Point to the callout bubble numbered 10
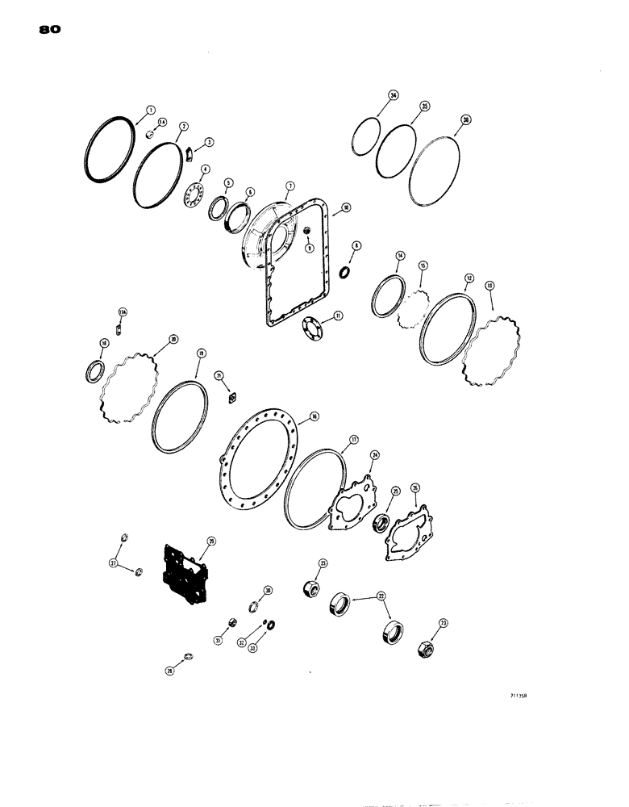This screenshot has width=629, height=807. tap(344, 207)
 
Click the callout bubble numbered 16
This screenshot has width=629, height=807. tap(314, 416)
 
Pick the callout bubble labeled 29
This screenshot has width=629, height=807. tap(210, 541)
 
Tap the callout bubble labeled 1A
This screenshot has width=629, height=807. tap(162, 122)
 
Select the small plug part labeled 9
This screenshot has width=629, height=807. tap(307, 234)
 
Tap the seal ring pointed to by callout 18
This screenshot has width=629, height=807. tap(95, 373)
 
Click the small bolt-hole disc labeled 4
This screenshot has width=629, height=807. tap(194, 199)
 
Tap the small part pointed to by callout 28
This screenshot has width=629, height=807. tap(187, 655)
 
